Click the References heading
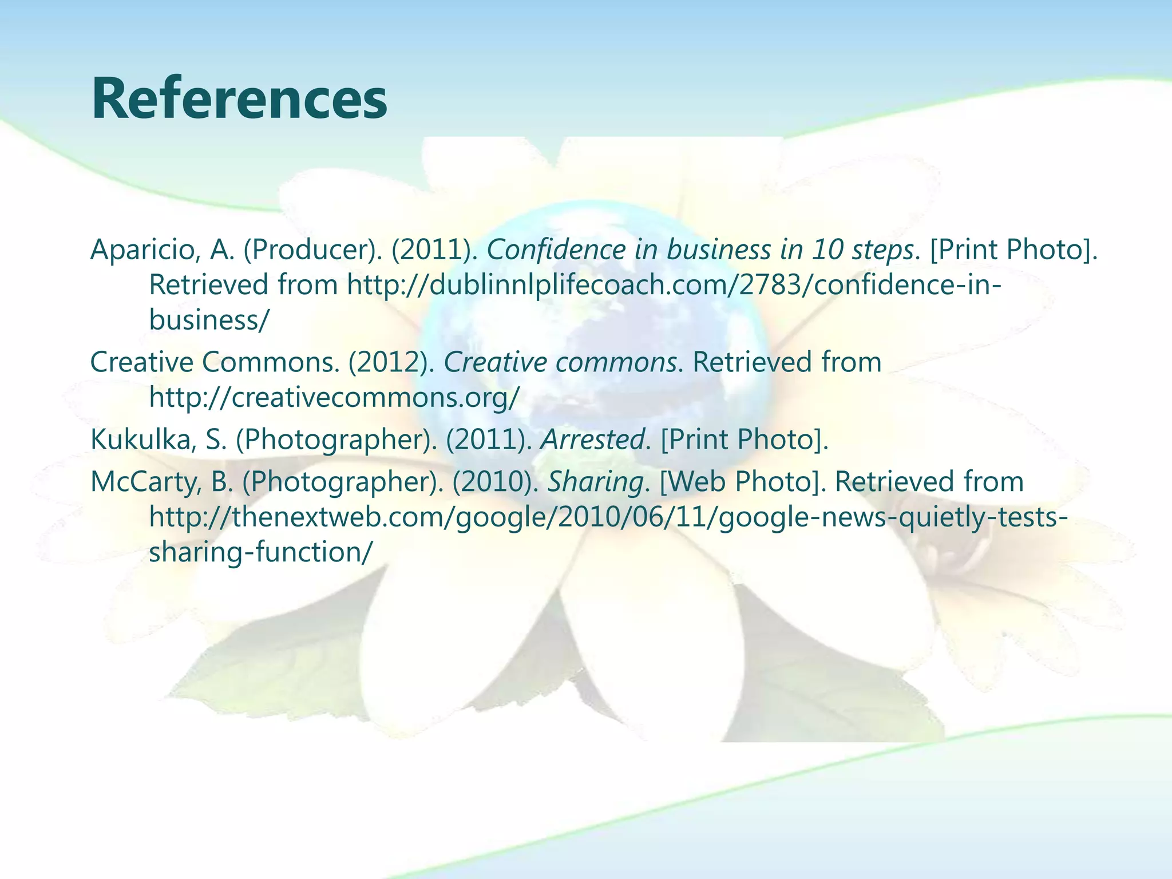(239, 100)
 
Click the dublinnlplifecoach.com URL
(674, 284)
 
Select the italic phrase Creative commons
(560, 362)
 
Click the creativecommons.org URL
(335, 397)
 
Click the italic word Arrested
(592, 439)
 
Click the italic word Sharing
(595, 482)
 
